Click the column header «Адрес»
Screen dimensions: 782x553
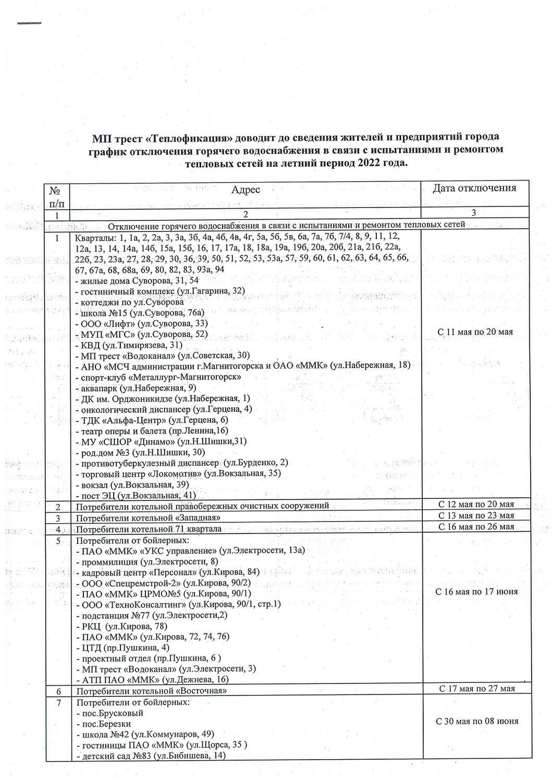245,190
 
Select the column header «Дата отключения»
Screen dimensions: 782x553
474,188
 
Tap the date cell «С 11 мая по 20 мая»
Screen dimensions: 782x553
475,332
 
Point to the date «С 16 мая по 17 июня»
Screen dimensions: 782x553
477,591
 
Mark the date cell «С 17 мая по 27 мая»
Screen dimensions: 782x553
476,689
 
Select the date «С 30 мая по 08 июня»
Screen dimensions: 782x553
477,722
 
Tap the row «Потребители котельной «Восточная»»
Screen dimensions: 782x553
151,691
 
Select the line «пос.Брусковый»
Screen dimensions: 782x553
109,713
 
